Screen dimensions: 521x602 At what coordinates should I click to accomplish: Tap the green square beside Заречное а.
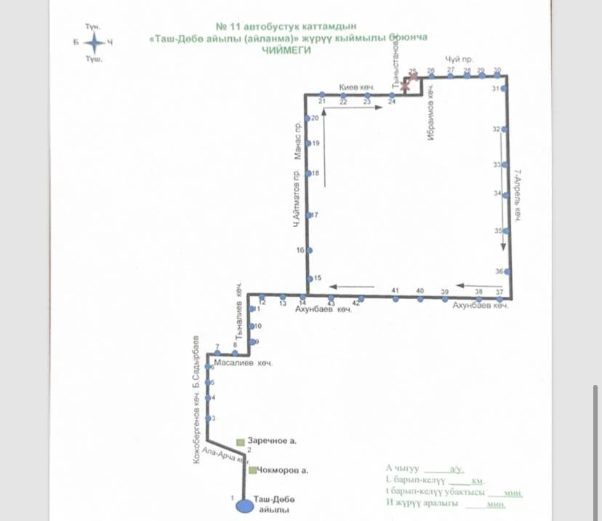coord(241,442)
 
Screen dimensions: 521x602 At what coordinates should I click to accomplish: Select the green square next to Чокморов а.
coord(252,470)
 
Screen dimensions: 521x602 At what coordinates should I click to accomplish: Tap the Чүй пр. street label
coord(455,59)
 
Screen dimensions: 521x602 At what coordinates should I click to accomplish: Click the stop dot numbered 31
coord(504,89)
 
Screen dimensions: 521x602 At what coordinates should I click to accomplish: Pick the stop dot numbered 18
coord(308,173)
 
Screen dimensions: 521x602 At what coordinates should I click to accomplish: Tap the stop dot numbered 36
coord(507,271)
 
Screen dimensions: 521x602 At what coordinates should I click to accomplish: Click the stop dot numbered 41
coord(396,298)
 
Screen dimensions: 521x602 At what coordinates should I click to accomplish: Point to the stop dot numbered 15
coord(309,279)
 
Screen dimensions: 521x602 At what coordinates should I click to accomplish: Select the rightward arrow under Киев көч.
coord(353,109)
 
